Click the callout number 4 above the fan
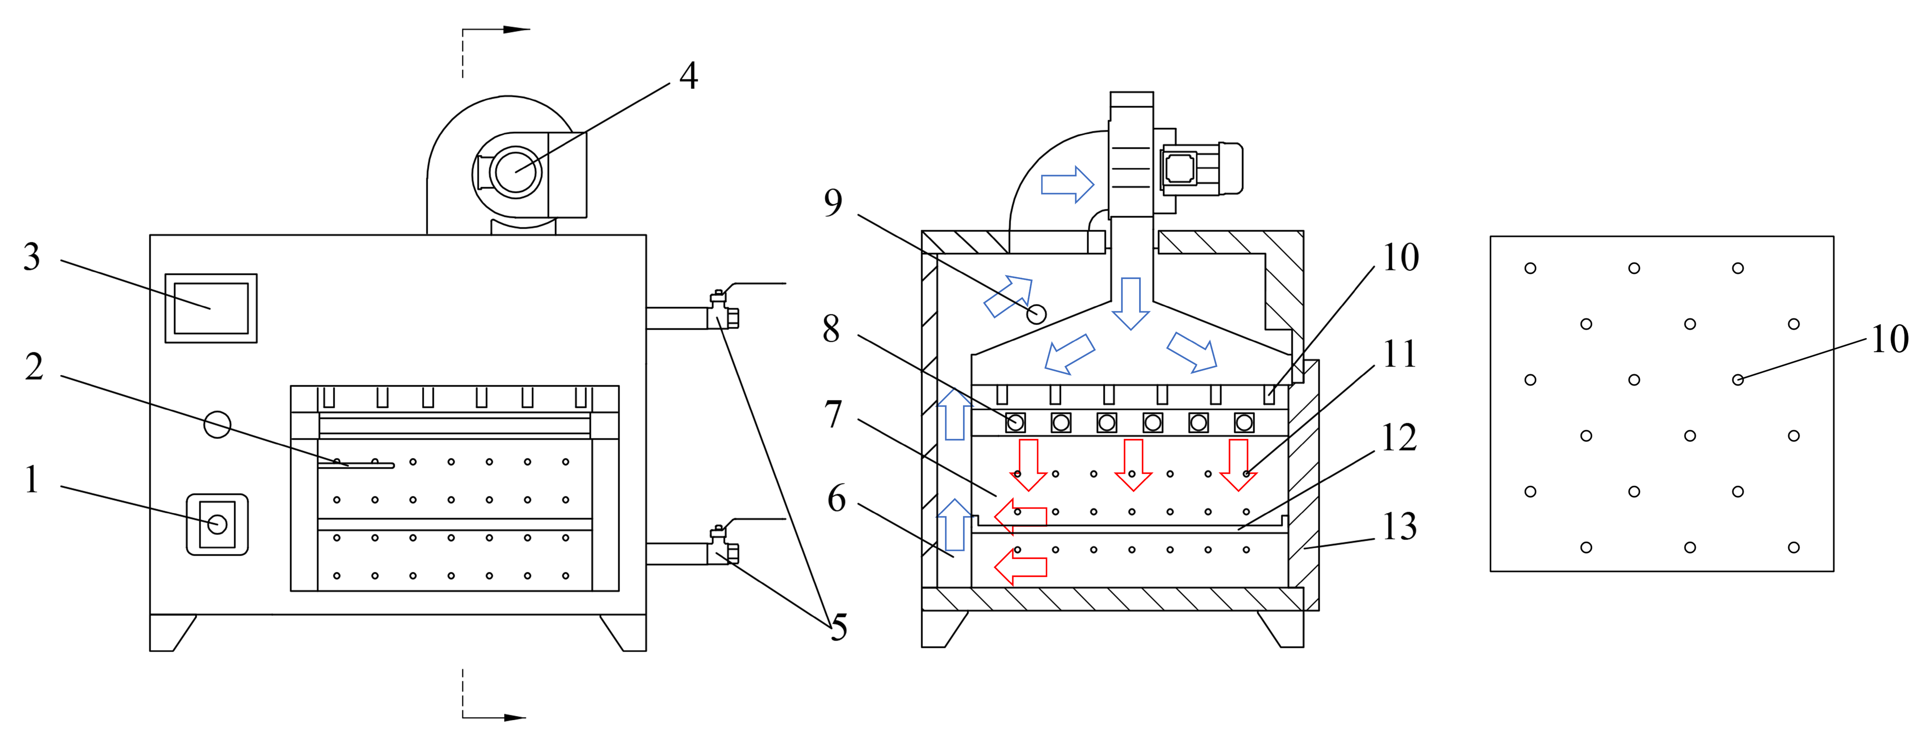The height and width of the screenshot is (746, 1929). pyautogui.click(x=688, y=76)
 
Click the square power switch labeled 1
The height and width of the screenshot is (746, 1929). pyautogui.click(x=217, y=525)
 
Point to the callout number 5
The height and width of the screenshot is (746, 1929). pyautogui.click(x=839, y=627)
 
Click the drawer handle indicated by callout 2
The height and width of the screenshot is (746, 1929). pyautogui.click(x=356, y=466)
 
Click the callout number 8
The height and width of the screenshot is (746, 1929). pyautogui.click(x=831, y=329)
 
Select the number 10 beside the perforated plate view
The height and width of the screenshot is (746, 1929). pyautogui.click(x=1889, y=339)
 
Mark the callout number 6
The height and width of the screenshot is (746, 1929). pyautogui.click(x=836, y=498)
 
